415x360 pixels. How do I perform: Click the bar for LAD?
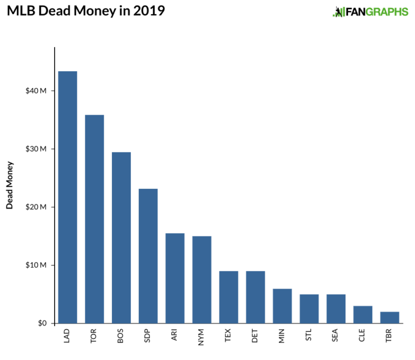[68, 197]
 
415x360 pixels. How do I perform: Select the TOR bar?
[95, 219]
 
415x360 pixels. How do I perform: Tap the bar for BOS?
[121, 237]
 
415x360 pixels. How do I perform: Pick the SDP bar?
[148, 256]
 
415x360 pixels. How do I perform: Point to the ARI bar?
[175, 278]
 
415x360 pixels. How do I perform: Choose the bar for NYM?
[202, 280]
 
